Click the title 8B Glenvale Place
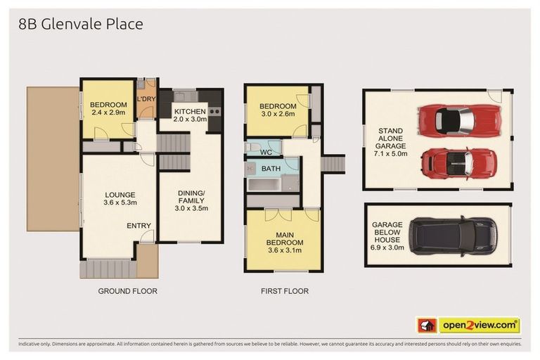coord(80,25)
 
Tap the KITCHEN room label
coord(190,111)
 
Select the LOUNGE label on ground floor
coord(120,195)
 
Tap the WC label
coord(266,152)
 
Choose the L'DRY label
coord(146,99)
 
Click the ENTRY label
coord(138,226)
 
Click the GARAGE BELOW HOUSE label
coord(387,235)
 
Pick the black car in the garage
coord(454,236)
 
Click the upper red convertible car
coord(458,120)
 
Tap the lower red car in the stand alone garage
coord(458,163)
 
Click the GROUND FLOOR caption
coord(127,291)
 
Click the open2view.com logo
coord(480,326)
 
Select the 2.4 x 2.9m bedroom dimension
coord(108,112)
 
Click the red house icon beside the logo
coord(427,326)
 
